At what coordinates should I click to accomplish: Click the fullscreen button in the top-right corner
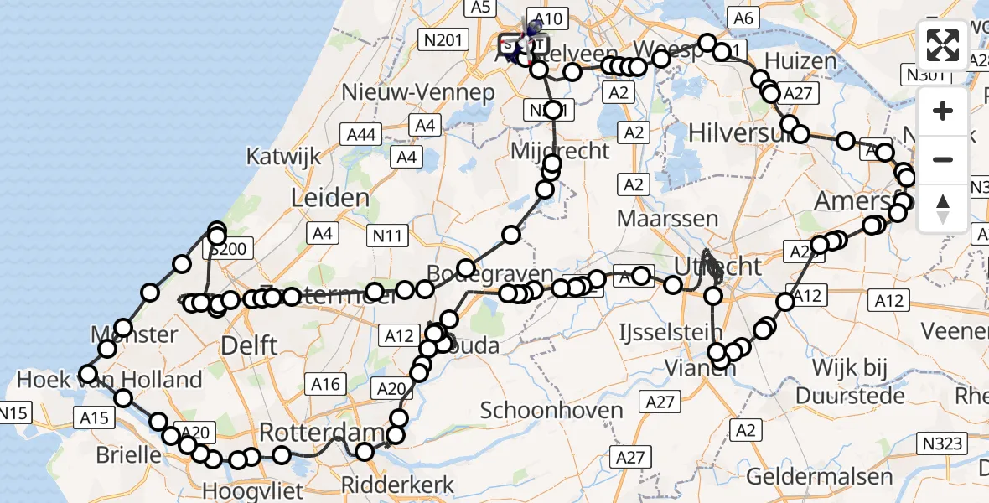tap(943, 45)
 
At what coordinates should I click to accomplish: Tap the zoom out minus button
tap(943, 159)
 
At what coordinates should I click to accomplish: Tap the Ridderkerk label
tap(398, 485)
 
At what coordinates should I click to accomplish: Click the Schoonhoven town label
tap(551, 411)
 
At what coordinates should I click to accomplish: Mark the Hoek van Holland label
tap(110, 380)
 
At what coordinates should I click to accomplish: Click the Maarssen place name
tap(667, 219)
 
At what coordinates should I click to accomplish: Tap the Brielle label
tap(129, 455)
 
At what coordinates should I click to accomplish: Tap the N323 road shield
tap(941, 443)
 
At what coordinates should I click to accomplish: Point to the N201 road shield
tap(443, 38)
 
